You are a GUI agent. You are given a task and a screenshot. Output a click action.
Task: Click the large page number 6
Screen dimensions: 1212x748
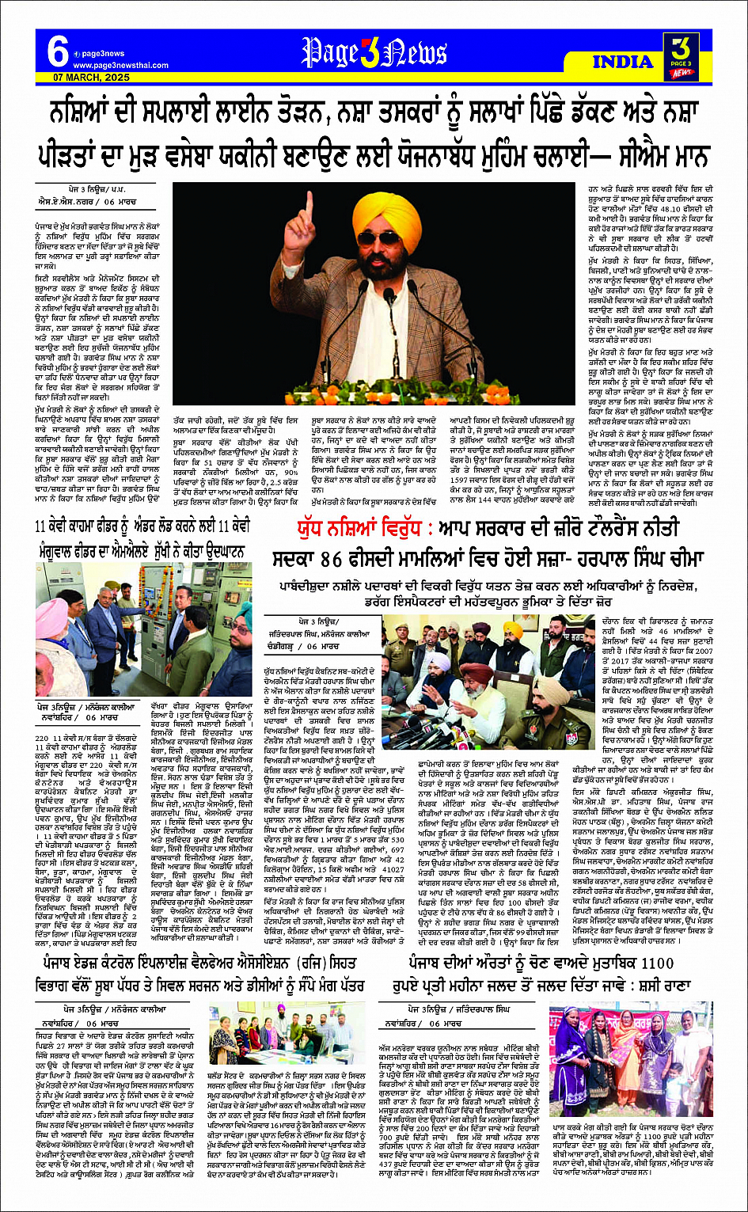(57, 52)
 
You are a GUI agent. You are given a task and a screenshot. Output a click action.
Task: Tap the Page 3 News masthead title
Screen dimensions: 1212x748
(374, 53)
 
